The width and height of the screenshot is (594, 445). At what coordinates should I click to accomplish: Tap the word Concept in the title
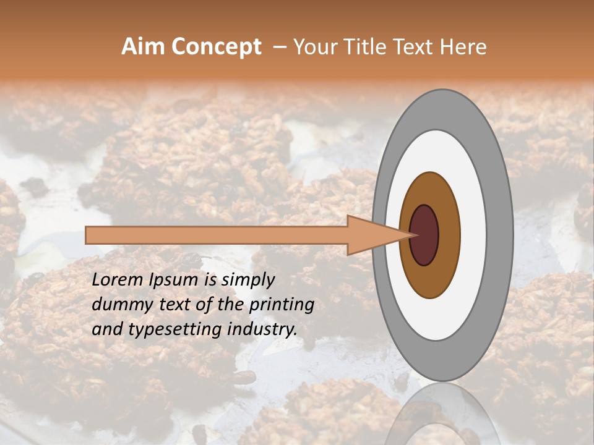217,47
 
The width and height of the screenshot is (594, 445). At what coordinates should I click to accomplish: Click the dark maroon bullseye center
424,235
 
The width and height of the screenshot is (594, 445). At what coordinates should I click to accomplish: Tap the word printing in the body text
282,305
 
